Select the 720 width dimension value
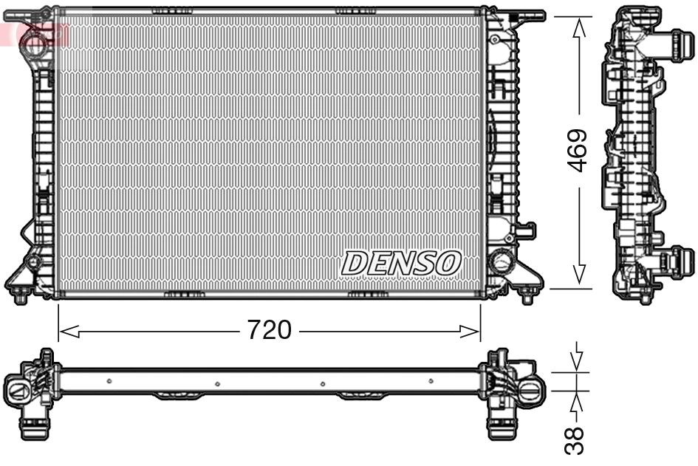[269, 330]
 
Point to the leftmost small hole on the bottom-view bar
[109, 381]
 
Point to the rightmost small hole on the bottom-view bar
[431, 381]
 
